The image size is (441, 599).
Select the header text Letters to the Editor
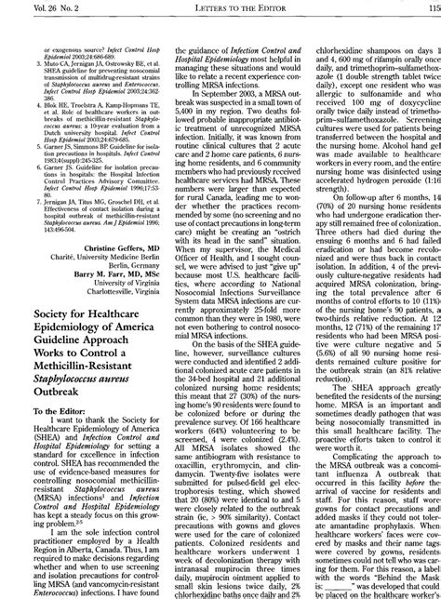point(220,8)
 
